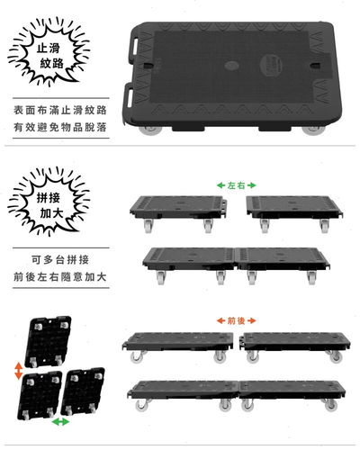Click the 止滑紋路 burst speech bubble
(x=49, y=51)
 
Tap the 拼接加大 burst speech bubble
(x=49, y=202)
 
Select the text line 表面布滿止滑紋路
(x=60, y=110)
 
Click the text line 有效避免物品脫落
(x=60, y=127)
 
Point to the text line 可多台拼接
(x=60, y=259)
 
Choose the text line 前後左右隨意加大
(x=60, y=276)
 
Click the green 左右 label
(x=237, y=185)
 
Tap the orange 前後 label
(x=237, y=320)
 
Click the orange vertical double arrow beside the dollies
(x=19, y=371)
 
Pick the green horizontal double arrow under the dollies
(x=60, y=422)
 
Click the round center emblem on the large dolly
(x=231, y=65)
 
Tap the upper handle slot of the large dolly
(x=133, y=47)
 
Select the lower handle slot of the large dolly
(x=130, y=96)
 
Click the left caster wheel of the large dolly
(x=150, y=130)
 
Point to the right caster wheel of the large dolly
(x=313, y=130)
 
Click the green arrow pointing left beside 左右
(x=221, y=185)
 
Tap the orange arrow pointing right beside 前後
(x=252, y=320)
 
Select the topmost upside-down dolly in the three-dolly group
(x=49, y=341)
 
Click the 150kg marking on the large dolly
(x=157, y=66)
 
